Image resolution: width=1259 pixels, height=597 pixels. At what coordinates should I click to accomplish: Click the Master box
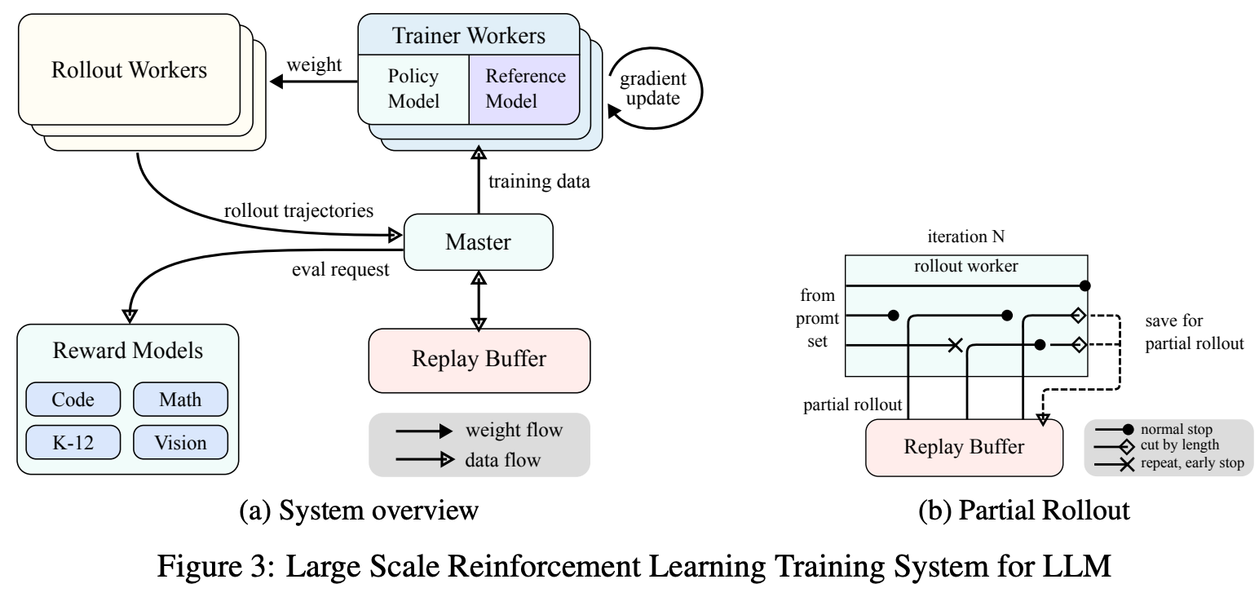(x=479, y=241)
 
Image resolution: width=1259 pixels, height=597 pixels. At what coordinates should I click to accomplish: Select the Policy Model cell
(x=413, y=90)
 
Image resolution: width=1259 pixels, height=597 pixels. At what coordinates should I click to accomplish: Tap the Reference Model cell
(x=524, y=90)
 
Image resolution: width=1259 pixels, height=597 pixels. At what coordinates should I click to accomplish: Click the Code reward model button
(x=73, y=399)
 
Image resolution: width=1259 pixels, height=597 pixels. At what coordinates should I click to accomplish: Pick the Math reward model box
(x=180, y=399)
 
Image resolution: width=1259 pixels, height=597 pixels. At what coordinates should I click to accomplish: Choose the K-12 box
(x=73, y=442)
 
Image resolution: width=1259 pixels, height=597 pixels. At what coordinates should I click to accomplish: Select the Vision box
(x=180, y=442)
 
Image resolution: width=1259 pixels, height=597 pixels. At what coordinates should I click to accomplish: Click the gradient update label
(x=653, y=88)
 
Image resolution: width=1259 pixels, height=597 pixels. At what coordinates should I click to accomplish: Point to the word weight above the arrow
(x=314, y=64)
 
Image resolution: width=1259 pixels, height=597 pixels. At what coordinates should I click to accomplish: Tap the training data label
(x=539, y=181)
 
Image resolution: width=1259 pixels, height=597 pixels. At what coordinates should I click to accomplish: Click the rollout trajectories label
(x=298, y=210)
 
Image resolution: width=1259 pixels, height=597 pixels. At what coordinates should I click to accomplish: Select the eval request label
(x=340, y=269)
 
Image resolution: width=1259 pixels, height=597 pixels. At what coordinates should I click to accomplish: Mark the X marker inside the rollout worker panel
(x=955, y=345)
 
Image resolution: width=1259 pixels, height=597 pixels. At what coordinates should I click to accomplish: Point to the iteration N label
(x=965, y=237)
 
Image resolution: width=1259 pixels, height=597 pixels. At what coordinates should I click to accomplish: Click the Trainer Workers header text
(x=469, y=35)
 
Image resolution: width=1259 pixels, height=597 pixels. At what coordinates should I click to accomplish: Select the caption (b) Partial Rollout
(x=1024, y=510)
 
